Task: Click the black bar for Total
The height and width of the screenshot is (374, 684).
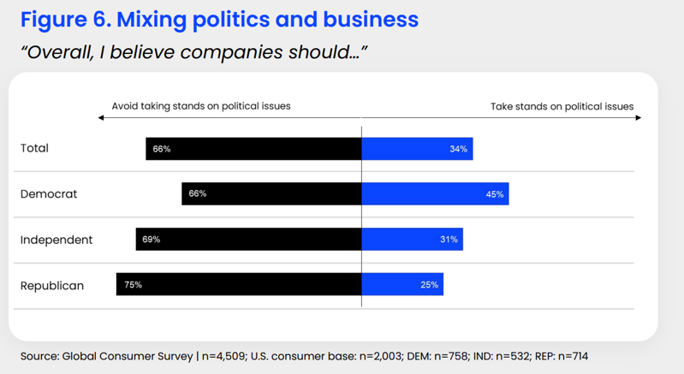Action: tap(253, 149)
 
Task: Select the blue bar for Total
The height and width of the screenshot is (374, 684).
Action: tap(417, 149)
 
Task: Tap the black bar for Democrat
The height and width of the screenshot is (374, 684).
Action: tap(271, 193)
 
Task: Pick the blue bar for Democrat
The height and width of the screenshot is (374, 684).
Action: tap(435, 194)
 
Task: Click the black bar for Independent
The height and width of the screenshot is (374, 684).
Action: tap(248, 240)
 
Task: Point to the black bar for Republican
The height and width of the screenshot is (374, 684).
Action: tap(239, 284)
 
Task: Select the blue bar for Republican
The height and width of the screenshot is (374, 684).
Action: tap(402, 284)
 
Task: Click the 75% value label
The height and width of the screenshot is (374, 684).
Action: tap(133, 285)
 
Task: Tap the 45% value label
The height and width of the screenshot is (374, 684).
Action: tap(495, 194)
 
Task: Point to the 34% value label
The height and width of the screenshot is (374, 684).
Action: tap(458, 149)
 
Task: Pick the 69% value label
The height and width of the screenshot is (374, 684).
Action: tap(152, 240)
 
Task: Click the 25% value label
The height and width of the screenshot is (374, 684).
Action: tap(430, 285)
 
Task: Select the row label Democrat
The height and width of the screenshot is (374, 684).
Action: tap(49, 194)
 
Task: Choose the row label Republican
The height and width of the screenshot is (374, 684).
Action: tap(52, 285)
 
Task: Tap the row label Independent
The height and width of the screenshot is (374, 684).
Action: tap(57, 240)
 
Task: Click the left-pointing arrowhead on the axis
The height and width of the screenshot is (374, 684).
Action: tap(101, 118)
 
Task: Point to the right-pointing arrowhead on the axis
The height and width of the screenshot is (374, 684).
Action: tap(639, 118)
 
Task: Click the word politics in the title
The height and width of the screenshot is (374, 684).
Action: tap(230, 19)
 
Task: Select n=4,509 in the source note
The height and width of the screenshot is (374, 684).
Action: tap(223, 356)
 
